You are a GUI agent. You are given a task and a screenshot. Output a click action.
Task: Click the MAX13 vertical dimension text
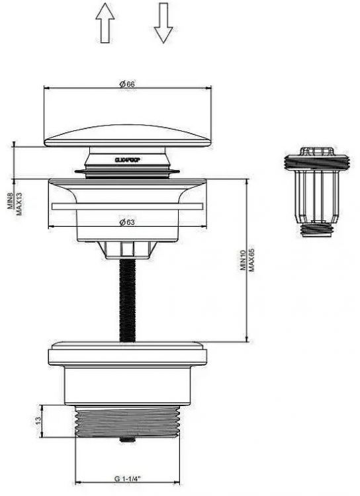tap(19, 197)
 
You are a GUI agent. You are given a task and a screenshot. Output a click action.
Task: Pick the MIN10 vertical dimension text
tap(244, 258)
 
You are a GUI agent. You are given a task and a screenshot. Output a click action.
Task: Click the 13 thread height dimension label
tap(39, 420)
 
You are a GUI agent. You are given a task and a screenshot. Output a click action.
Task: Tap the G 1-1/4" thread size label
tap(127, 478)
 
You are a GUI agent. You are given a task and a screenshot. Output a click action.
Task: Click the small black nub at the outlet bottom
tap(126, 438)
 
